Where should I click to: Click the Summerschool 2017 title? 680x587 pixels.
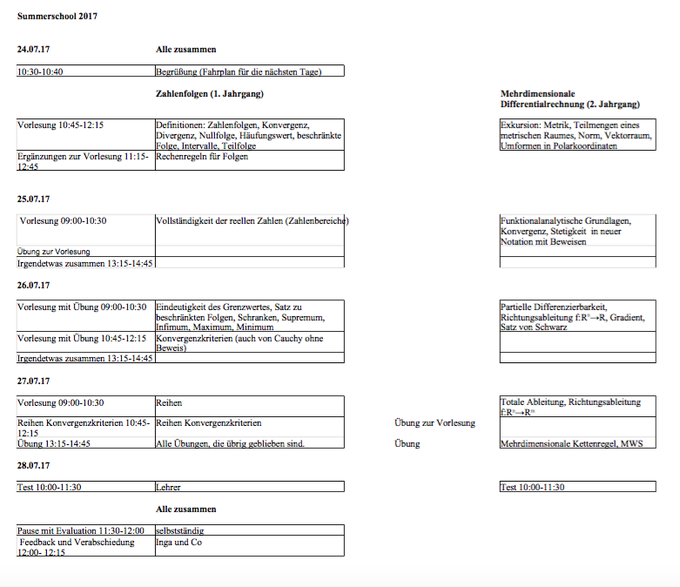[x=57, y=17]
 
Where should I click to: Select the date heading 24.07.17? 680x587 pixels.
[x=33, y=50]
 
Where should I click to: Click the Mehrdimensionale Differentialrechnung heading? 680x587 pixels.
[x=570, y=98]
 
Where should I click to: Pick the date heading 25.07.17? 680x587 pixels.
[x=33, y=199]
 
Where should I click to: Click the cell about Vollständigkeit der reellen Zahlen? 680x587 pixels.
[x=252, y=221]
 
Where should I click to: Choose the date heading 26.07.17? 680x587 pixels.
[x=33, y=285]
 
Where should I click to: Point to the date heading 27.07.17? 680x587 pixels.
[x=33, y=381]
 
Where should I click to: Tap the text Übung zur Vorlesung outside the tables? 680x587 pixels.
[x=434, y=423]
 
